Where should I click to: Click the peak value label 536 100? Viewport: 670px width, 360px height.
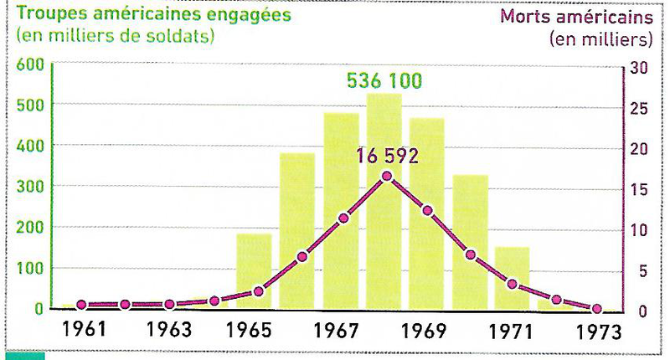pos(384,82)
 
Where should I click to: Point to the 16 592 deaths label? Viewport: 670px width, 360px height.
pos(386,156)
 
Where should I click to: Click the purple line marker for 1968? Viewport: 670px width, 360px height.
pos(386,176)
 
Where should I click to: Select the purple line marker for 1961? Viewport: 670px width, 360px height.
pos(81,306)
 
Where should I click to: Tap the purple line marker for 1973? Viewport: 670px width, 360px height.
pos(597,309)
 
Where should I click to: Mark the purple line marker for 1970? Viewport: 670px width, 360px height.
pos(471,255)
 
